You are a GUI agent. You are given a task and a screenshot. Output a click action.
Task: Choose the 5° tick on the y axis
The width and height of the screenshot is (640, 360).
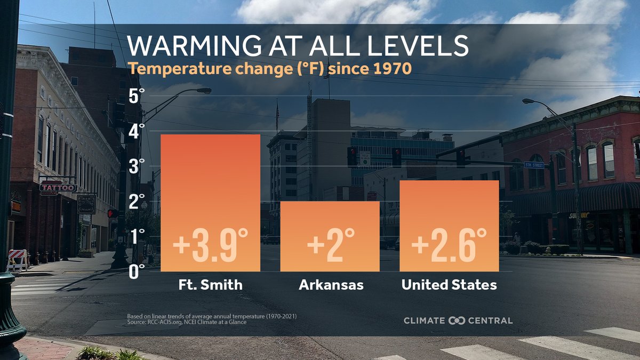coord(137,97)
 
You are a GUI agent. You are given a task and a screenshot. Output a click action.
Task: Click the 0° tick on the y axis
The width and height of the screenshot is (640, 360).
coord(137,271)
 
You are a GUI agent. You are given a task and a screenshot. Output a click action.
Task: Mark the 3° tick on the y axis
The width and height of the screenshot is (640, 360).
coord(137,166)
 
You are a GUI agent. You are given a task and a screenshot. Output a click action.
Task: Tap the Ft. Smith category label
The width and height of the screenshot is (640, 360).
coord(210,285)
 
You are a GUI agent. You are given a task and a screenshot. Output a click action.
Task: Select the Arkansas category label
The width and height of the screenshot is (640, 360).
coord(331,285)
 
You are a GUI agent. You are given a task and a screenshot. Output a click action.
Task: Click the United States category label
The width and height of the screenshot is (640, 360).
coord(449,285)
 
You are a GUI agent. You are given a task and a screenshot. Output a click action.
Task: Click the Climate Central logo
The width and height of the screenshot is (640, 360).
coord(458,321)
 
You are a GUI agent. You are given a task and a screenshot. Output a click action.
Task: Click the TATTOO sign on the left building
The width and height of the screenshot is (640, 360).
coord(58,188)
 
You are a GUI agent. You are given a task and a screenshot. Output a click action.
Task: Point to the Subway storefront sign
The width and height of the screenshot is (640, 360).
coord(579,215)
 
